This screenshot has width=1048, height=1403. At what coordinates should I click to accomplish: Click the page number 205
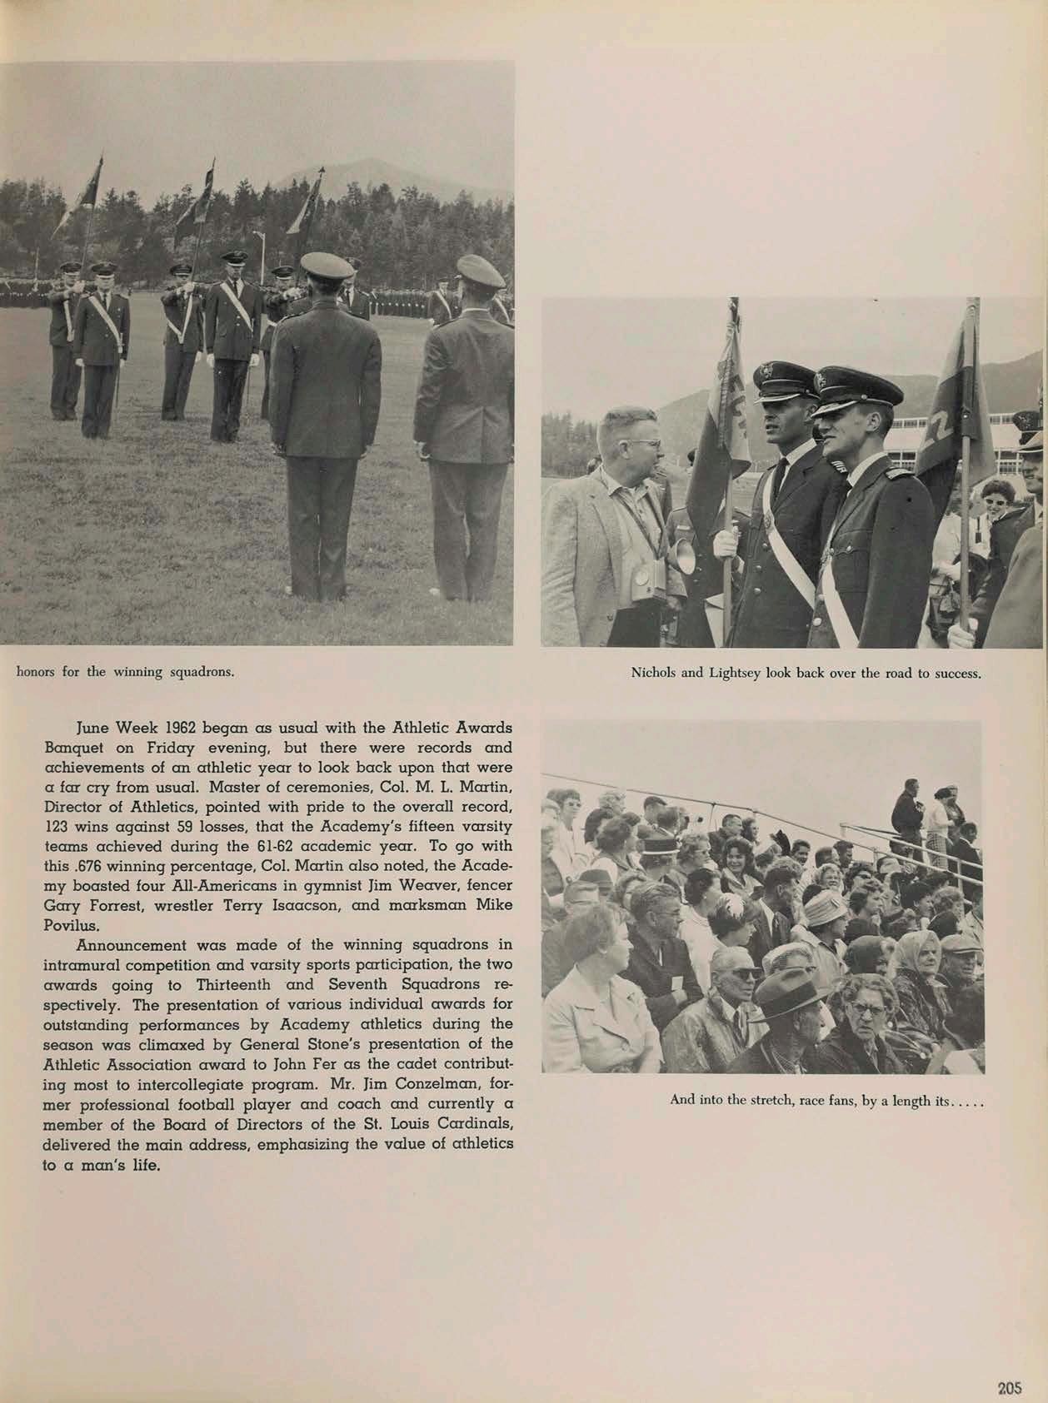coord(1009,1388)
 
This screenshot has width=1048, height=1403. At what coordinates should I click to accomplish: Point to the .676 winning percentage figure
coord(87,867)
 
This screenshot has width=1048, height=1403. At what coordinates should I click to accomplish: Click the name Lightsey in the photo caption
coord(736,673)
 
